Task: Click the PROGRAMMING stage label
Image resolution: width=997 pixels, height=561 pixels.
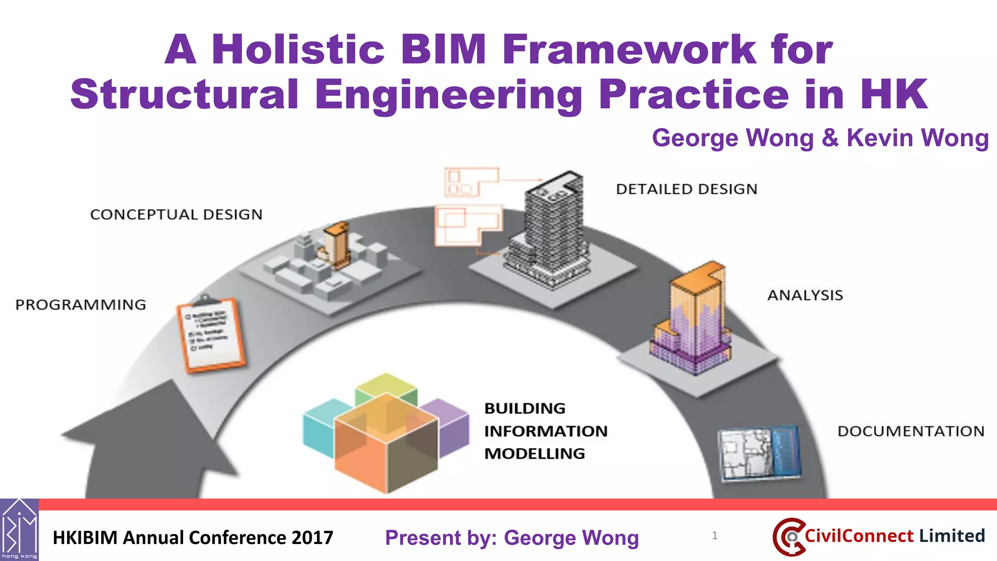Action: [x=81, y=305]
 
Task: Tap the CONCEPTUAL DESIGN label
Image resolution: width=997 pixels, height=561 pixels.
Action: [x=176, y=215]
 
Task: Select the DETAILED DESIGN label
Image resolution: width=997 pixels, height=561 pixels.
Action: [x=686, y=189]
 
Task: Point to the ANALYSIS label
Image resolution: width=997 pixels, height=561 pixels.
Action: [x=805, y=295]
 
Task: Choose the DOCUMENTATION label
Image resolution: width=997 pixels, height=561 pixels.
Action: [x=911, y=431]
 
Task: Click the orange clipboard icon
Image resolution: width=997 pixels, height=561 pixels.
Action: [x=212, y=335]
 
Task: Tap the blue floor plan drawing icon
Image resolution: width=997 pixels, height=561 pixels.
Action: [x=759, y=453]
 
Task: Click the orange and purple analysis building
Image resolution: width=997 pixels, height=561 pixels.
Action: [x=694, y=321]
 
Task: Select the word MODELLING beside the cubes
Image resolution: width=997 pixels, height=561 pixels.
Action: [x=535, y=454]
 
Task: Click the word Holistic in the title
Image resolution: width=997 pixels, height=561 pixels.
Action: [x=298, y=50]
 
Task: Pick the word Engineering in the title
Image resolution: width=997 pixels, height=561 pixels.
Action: [x=448, y=95]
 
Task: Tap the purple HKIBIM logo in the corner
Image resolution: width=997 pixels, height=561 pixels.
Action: [x=19, y=529]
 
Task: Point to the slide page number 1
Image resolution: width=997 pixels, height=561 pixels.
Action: [x=715, y=536]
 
